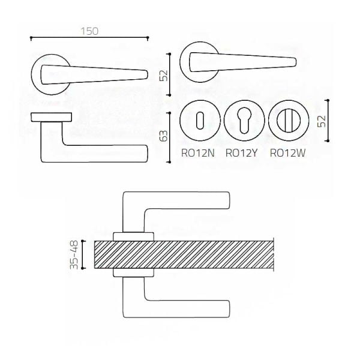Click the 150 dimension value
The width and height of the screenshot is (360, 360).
tap(89, 31)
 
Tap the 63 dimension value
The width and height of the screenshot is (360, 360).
tap(164, 136)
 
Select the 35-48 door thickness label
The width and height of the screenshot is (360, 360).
tap(74, 254)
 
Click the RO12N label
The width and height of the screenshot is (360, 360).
tap(198, 153)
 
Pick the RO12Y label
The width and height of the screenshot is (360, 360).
tap(242, 153)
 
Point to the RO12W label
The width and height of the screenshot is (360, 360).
tap(287, 153)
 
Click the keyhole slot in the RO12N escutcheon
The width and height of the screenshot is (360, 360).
tap(200, 121)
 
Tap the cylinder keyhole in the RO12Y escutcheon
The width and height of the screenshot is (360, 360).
tap(244, 121)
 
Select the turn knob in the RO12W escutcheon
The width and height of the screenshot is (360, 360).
tap(289, 121)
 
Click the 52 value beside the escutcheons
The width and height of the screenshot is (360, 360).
tap(322, 121)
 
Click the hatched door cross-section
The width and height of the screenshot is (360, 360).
tap(184, 254)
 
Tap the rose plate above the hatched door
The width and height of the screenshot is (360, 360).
tap(133, 237)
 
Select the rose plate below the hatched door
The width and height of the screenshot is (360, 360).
tap(133, 272)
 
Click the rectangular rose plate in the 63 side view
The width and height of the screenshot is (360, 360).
tap(52, 117)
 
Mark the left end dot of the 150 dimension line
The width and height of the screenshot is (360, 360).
tap(31, 37)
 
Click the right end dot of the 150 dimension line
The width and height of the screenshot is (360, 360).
tap(148, 37)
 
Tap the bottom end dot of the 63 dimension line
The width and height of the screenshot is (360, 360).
tap(170, 162)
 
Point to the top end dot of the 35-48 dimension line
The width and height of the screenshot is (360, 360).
tap(83, 241)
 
